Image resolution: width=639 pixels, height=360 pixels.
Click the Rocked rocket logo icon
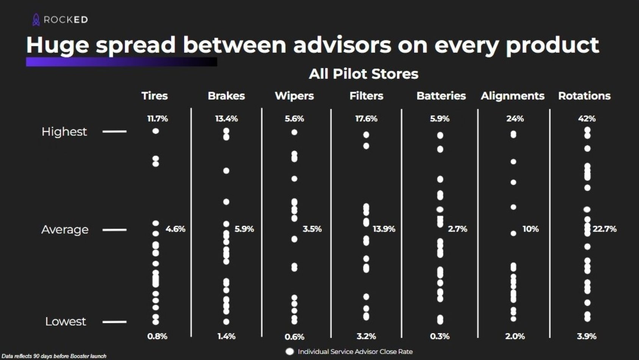pyautogui.click(x=36, y=20)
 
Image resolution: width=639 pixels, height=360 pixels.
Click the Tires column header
pyautogui.click(x=155, y=96)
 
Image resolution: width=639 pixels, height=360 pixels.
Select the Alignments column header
pyautogui.click(x=512, y=96)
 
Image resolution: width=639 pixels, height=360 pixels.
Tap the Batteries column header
pyautogui.click(x=441, y=96)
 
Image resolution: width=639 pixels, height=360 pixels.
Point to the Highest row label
pyautogui.click(x=64, y=131)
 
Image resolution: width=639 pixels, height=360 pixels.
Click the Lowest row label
pyautogui.click(x=66, y=321)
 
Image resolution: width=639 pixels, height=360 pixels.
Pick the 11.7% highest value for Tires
pyautogui.click(x=157, y=119)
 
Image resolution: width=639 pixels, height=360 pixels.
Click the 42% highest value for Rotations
pyautogui.click(x=586, y=119)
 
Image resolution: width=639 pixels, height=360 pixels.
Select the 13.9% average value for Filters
pyautogui.click(x=384, y=229)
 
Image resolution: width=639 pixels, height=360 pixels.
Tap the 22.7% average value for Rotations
pyautogui.click(x=605, y=229)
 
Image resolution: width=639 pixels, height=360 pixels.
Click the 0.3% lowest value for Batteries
pyautogui.click(x=439, y=336)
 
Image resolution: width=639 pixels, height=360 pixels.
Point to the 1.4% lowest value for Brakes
pyautogui.click(x=226, y=336)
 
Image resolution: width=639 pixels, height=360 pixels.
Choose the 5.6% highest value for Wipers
pyautogui.click(x=294, y=119)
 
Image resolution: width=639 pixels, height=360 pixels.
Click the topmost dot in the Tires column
pyautogui.click(x=156, y=131)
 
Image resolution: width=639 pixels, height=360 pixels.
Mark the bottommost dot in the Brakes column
pyautogui.click(x=226, y=322)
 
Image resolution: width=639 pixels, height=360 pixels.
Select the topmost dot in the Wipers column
pyautogui.click(x=294, y=132)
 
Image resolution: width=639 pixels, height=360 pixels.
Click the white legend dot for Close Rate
pyautogui.click(x=290, y=352)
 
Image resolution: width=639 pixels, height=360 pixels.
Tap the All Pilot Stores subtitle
pyautogui.click(x=363, y=74)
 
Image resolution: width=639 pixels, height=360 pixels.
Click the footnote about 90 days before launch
pyautogui.click(x=54, y=356)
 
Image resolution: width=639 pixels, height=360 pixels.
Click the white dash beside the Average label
pyautogui.click(x=114, y=230)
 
